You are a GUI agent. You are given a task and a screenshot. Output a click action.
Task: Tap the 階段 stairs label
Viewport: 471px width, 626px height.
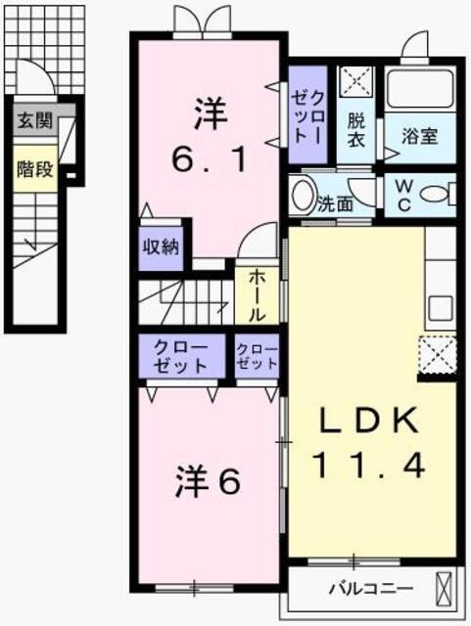34,169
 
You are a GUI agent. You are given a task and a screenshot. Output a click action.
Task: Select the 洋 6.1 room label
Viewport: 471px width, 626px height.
209,136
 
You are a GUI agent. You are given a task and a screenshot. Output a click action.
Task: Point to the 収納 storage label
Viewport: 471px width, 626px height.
162,246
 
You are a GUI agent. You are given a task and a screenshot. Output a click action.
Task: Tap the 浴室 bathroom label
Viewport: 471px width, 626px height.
420,137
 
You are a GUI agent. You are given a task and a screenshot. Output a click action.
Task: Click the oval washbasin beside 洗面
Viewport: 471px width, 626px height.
303,194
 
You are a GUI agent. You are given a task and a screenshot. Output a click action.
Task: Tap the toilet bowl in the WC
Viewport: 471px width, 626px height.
437,194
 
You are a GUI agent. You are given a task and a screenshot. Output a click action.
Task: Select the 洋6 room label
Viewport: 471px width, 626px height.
208,482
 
